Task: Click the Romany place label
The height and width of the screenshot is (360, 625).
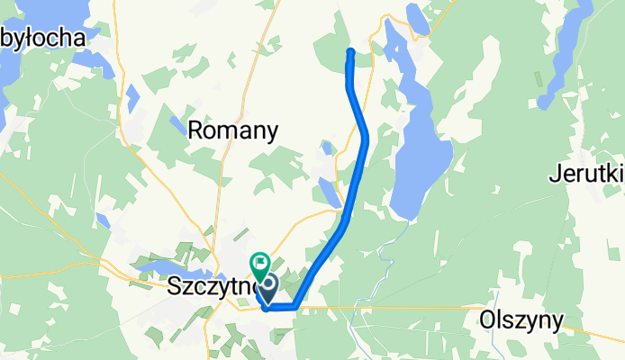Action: tap(232, 130)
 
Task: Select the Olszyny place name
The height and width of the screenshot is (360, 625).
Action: tap(521, 320)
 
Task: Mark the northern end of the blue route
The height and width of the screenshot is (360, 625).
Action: tap(350, 50)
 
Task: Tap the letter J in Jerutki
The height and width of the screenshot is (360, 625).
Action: tap(553, 175)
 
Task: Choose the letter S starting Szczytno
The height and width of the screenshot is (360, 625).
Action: tap(175, 288)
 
